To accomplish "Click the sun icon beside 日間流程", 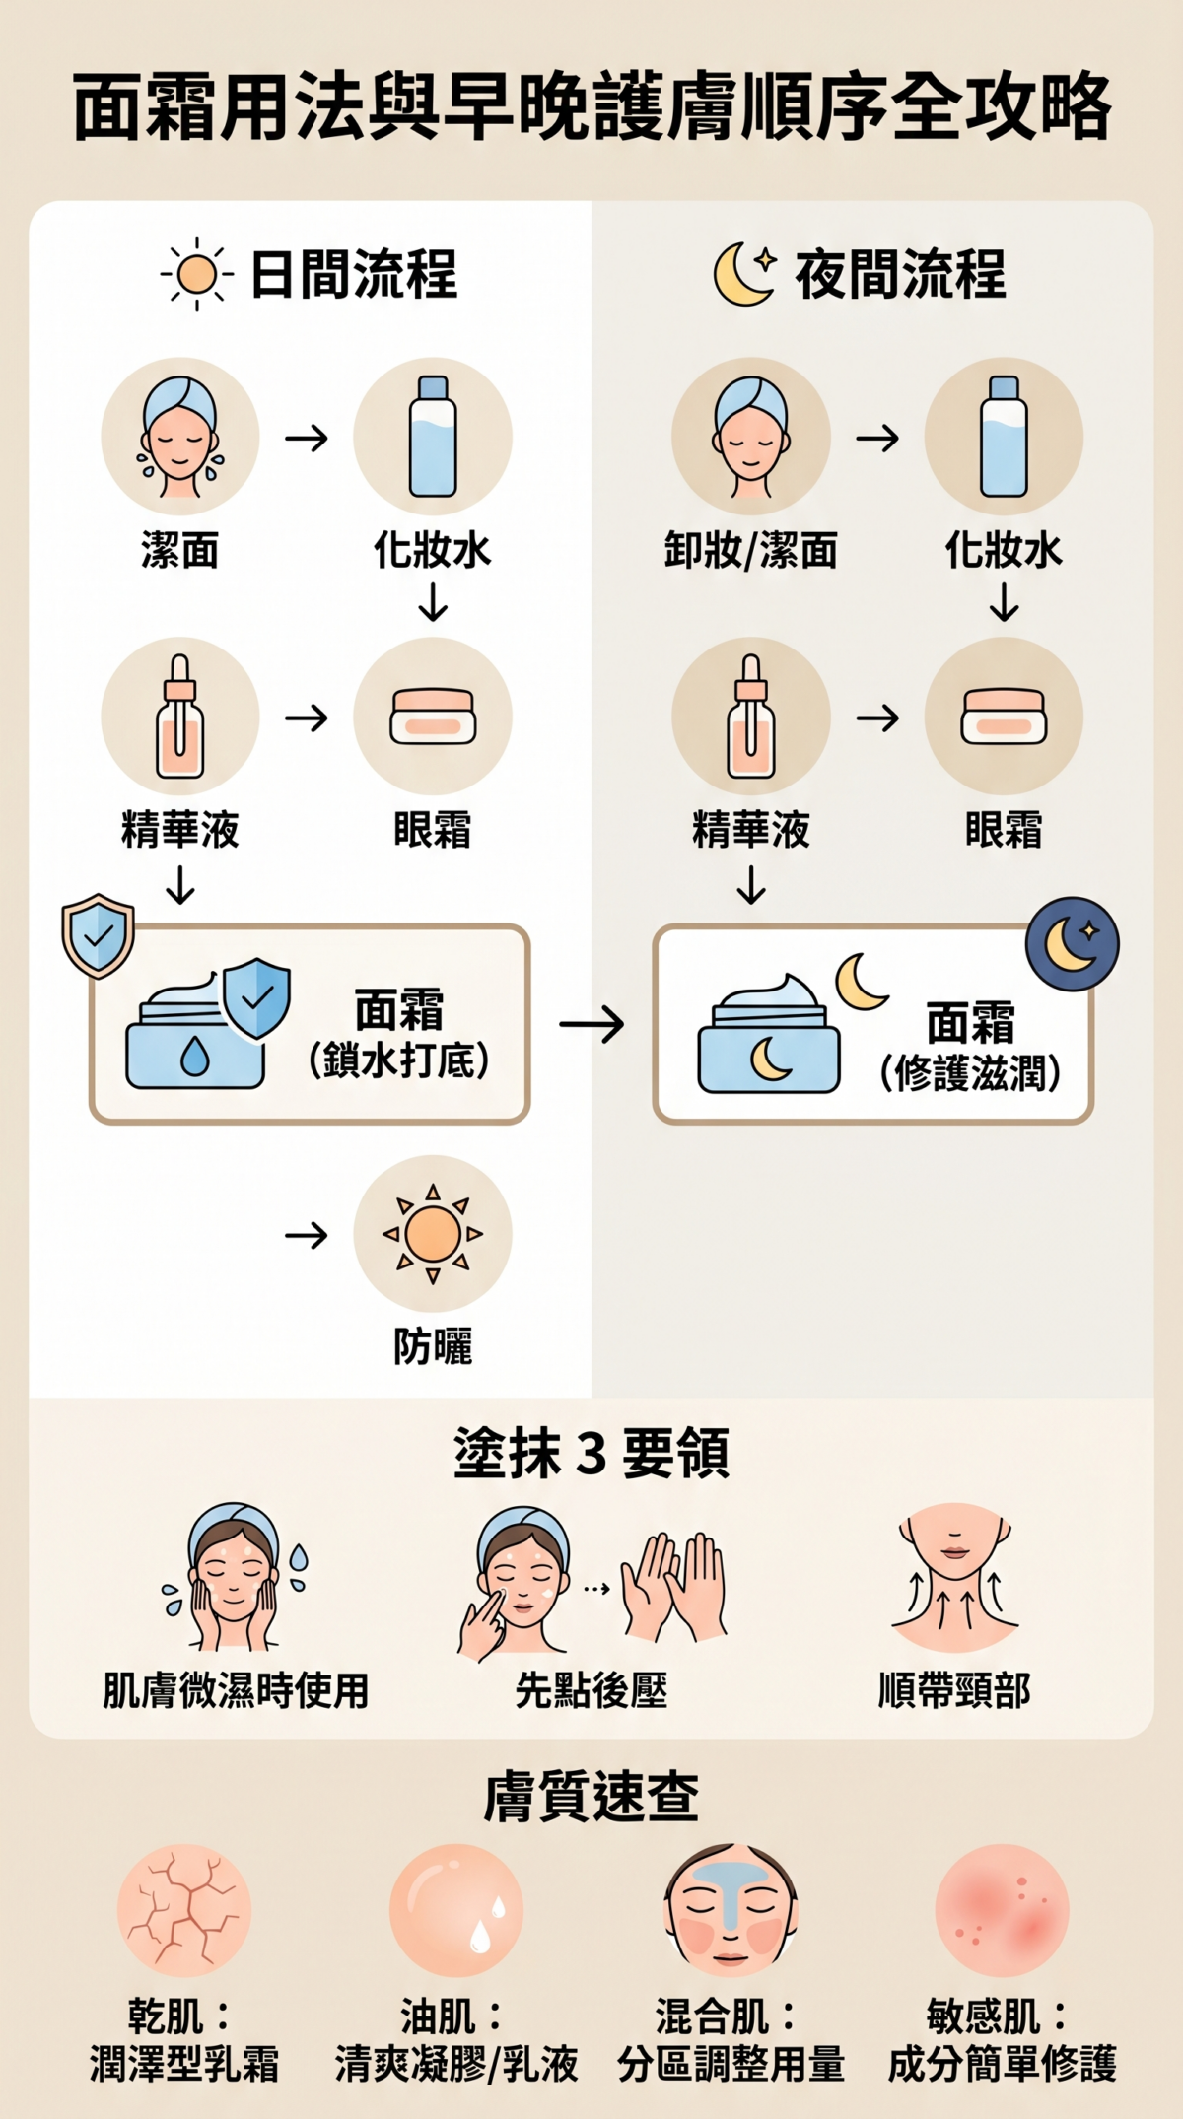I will click(197, 274).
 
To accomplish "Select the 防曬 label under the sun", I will click(433, 1346).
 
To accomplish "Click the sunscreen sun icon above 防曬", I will click(433, 1234).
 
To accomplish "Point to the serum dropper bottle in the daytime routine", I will click(180, 718).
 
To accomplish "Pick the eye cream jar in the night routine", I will click(1004, 718).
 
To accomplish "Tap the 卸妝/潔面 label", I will click(751, 550).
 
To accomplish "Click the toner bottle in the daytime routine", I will click(433, 437).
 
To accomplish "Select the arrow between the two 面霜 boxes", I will click(591, 1025).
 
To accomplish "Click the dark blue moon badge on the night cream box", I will click(1072, 943).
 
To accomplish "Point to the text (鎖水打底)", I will click(398, 1060).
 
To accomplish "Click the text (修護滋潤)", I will click(970, 1073).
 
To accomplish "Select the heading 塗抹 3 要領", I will click(591, 1454).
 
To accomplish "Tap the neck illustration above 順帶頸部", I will click(954, 1578).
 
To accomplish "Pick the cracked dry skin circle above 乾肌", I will click(184, 1910).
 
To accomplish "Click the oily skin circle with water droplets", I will click(456, 1910).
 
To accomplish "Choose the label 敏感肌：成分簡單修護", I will click(1002, 2040).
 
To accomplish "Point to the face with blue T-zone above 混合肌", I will click(731, 1910).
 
